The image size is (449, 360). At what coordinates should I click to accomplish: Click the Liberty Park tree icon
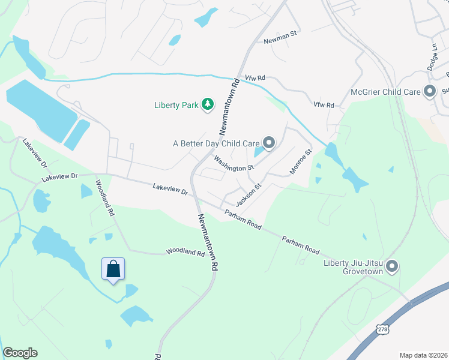tap(208, 105)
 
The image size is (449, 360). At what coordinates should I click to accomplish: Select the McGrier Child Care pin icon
tap(429, 92)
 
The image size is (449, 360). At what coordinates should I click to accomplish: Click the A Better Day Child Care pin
tap(269, 143)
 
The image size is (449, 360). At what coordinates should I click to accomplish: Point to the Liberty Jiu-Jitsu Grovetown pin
tap(393, 266)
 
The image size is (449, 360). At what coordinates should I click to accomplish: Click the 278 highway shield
tap(382, 329)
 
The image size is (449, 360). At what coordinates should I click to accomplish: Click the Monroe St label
tap(301, 162)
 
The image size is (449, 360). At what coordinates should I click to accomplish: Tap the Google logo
tap(20, 353)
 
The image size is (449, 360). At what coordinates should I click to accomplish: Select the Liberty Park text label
tap(176, 106)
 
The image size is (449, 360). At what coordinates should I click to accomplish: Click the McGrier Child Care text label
tap(386, 92)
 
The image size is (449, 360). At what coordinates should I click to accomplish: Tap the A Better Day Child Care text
tap(216, 143)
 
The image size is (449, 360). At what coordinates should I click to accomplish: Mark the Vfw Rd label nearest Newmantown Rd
tap(255, 79)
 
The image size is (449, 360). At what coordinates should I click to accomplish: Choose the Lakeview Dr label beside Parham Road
tap(170, 190)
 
